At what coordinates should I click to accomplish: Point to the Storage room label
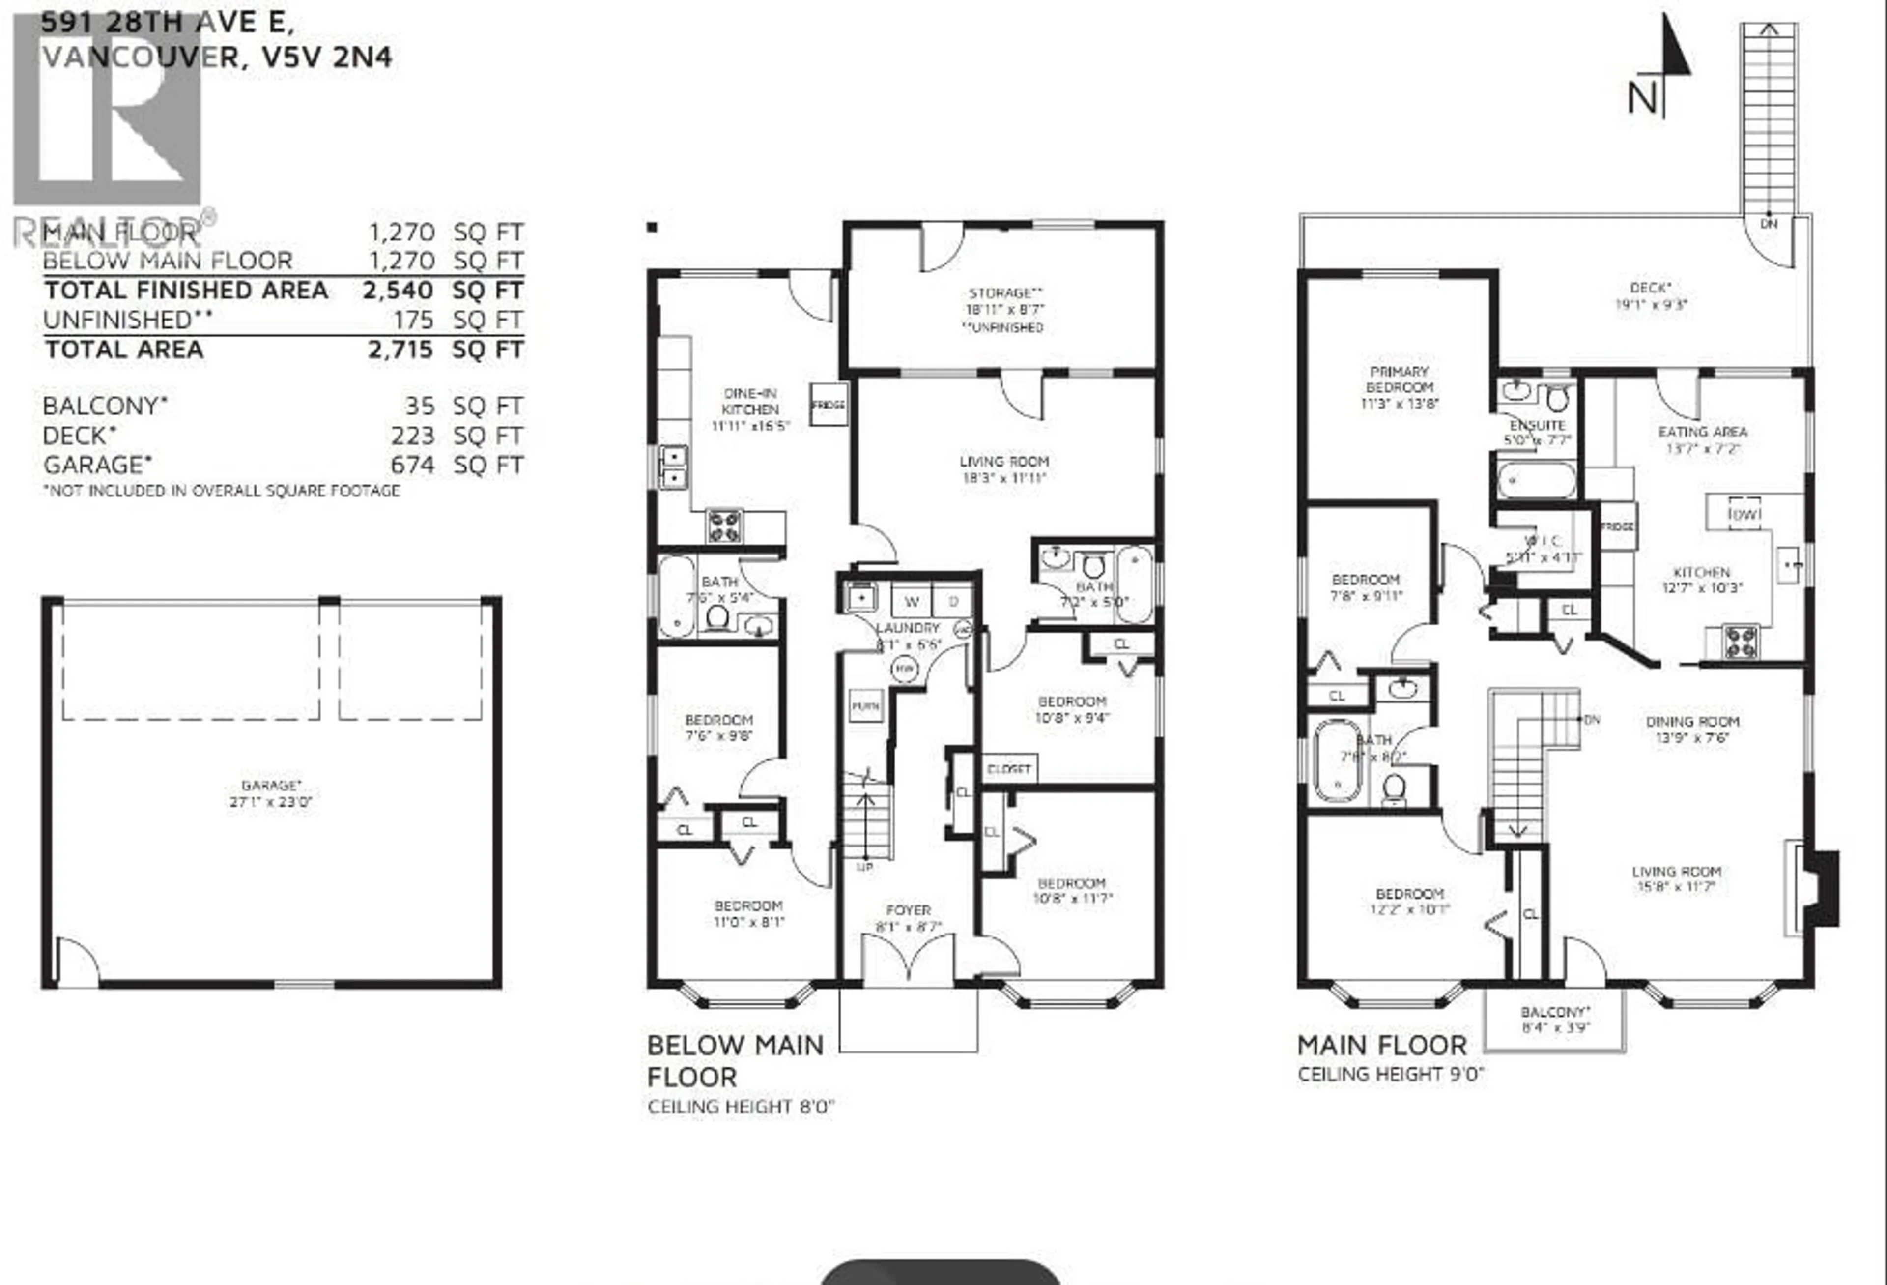pyautogui.click(x=1004, y=293)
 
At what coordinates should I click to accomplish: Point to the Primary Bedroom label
pyautogui.click(x=1399, y=380)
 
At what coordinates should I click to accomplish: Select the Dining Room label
pyautogui.click(x=1692, y=721)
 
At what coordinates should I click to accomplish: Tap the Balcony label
pyautogui.click(x=1555, y=1012)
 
